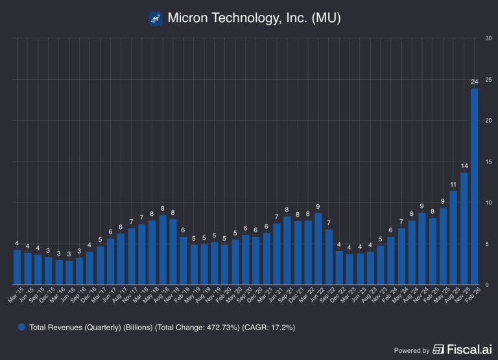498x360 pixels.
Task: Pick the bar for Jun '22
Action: click(318, 249)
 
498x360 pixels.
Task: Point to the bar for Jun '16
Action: click(69, 272)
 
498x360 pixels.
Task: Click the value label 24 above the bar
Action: click(474, 82)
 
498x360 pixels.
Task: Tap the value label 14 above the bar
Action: click(464, 166)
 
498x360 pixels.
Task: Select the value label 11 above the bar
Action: click(453, 185)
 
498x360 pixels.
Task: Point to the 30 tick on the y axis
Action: click(487, 38)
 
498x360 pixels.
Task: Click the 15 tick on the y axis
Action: click(487, 162)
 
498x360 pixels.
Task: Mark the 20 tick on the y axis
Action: click(487, 121)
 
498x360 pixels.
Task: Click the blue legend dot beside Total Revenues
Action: click(22, 328)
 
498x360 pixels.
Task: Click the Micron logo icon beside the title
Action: click(155, 18)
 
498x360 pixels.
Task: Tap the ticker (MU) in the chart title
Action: click(326, 18)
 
